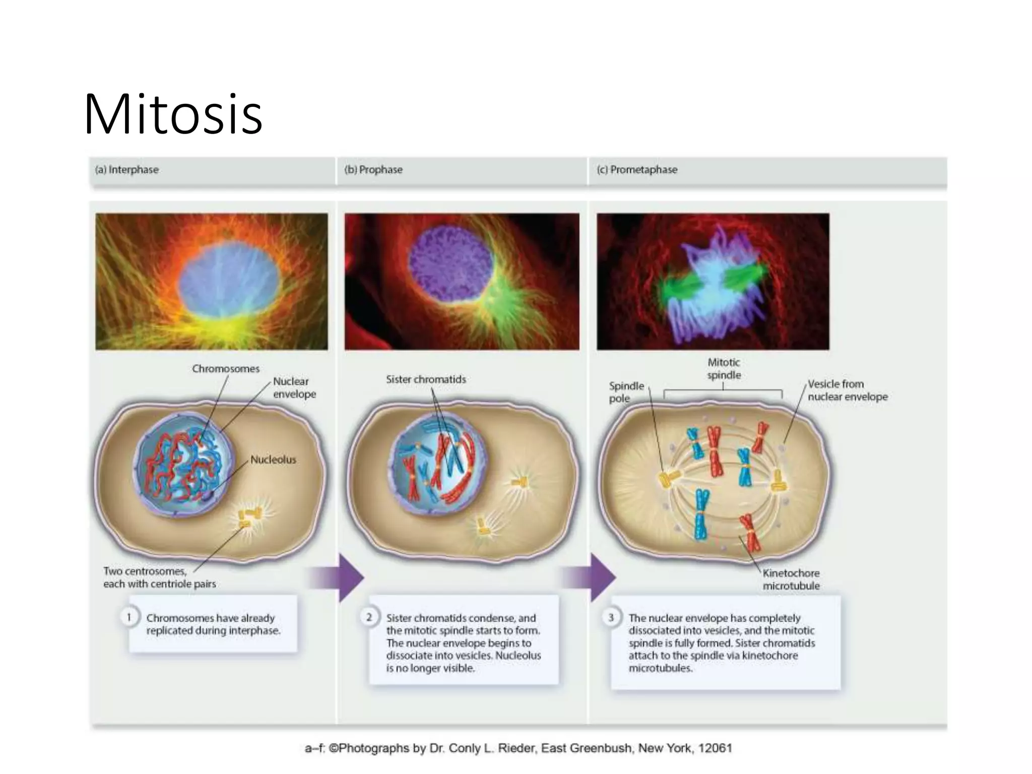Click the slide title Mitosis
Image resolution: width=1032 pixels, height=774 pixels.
pos(173,114)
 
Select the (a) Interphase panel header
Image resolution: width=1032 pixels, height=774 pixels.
pos(127,170)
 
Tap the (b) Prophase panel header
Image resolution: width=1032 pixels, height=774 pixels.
pos(373,170)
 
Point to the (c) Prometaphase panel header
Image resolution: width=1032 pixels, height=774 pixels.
pos(637,170)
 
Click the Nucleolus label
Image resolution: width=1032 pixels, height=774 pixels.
pos(273,460)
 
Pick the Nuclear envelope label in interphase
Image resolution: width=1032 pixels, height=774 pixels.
pos(294,388)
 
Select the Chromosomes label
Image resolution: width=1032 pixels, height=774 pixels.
pos(225,369)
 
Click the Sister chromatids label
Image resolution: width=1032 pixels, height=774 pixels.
pos(426,379)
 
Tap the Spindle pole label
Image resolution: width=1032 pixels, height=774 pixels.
pos(626,392)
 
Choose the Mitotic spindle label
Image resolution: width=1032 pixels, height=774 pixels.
pos(724,368)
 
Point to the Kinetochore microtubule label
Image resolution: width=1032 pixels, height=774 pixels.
pos(791,579)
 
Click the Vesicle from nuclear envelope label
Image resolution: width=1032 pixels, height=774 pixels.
pos(848,391)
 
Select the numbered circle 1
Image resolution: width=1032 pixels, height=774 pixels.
pos(129,617)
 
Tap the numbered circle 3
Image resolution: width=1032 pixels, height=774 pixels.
pos(611,617)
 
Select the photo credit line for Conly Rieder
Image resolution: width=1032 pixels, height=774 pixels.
pos(518,748)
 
